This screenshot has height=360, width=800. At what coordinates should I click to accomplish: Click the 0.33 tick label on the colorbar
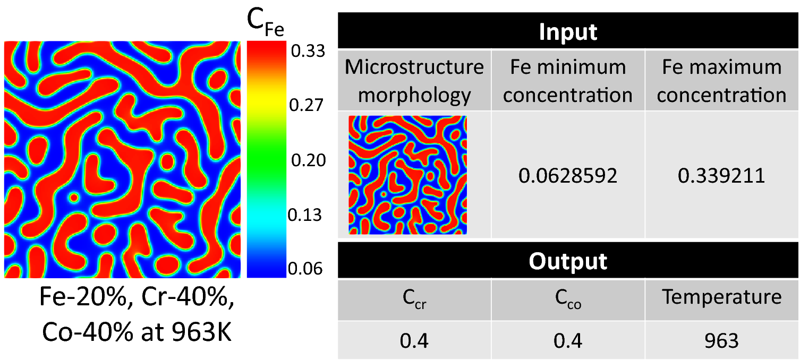pos(307,52)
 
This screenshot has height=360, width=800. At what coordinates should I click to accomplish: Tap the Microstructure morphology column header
pos(414,81)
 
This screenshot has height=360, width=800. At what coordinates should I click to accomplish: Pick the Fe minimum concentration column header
pos(568,81)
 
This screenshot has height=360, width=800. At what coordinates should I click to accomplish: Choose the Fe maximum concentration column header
pos(721,81)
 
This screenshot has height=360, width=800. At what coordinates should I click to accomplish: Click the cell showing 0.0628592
pos(568,175)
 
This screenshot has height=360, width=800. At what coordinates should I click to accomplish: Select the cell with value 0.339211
pos(721,175)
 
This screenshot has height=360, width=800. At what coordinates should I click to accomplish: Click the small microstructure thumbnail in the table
pos(407,175)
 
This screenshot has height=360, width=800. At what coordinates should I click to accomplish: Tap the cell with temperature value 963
pos(721,340)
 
